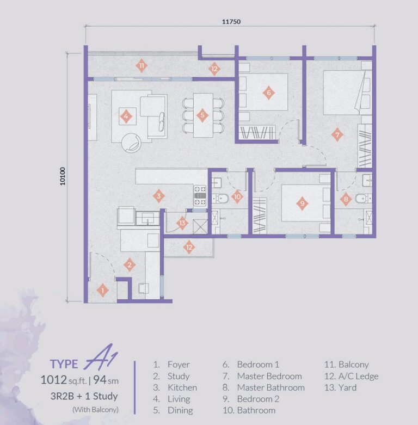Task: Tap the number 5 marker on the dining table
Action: (202, 115)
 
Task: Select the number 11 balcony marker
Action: (142, 66)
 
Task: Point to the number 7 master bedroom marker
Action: (337, 134)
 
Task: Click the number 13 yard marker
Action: (182, 223)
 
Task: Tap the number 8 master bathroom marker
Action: (346, 200)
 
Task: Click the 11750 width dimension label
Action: (231, 22)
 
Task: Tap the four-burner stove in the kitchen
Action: (200, 192)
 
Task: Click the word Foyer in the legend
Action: (179, 365)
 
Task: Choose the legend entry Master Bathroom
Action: (271, 387)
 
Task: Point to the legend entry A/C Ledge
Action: (358, 376)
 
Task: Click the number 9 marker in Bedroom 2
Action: (302, 204)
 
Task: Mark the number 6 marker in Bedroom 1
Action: (268, 93)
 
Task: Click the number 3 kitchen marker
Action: (158, 196)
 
